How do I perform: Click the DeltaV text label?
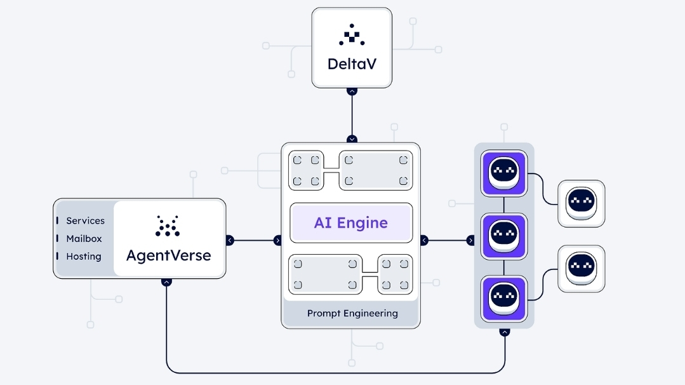point(351,64)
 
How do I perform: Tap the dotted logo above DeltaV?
point(352,35)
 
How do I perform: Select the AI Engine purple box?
point(351,223)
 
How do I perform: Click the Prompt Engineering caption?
point(352,313)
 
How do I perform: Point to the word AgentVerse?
point(168,255)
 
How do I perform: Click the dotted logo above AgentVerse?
point(168,226)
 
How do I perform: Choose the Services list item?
point(85,220)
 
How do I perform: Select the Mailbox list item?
point(84,239)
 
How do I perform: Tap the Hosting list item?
point(83,257)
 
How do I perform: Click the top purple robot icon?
point(504,173)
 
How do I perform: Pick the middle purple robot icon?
point(504,236)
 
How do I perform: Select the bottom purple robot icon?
point(504,298)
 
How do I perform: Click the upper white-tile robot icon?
point(581,203)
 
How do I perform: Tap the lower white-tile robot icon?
point(581,268)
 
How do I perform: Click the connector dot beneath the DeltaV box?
point(352,91)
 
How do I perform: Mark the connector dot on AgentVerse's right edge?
point(230,240)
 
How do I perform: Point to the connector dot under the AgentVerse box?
point(166,281)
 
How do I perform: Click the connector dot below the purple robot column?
point(505,332)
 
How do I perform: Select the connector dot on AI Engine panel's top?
point(352,139)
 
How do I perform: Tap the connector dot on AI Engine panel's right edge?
point(424,240)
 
